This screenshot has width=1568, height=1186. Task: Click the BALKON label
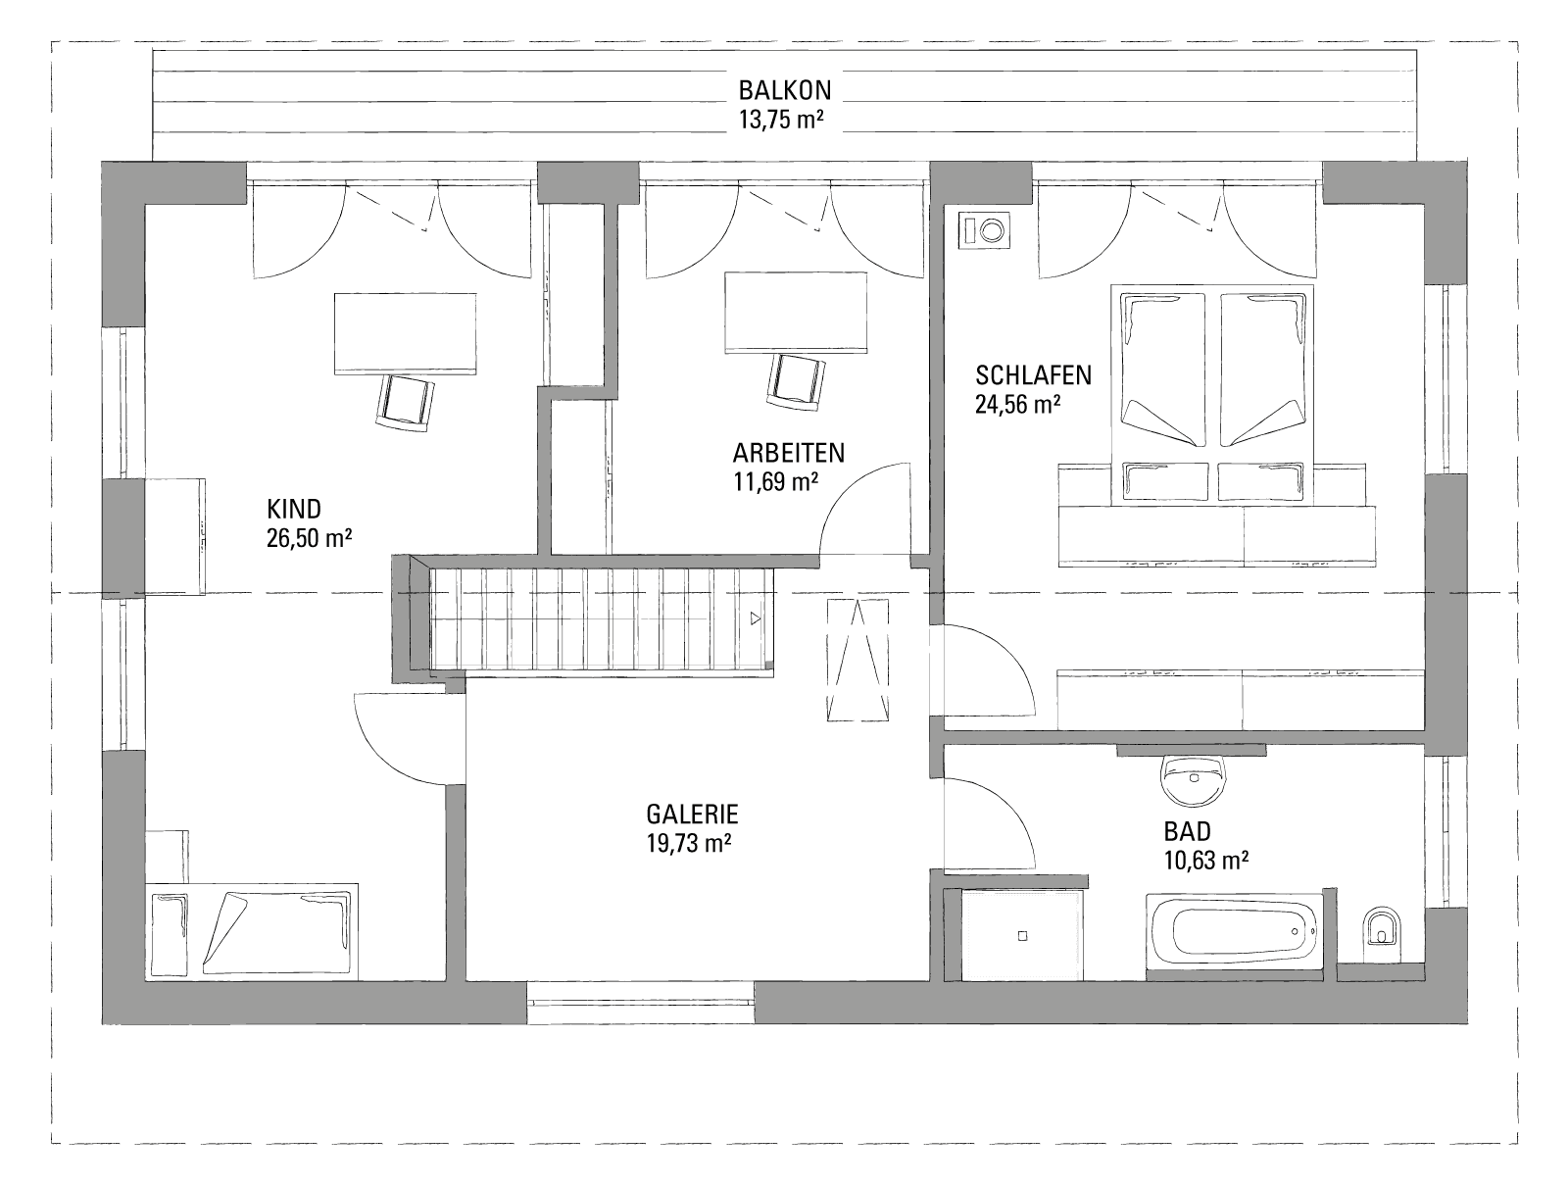(x=784, y=91)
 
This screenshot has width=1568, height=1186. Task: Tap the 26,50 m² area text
(x=309, y=538)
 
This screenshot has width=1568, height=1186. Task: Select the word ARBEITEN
(x=788, y=453)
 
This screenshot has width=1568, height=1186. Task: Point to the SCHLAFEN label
(x=1033, y=375)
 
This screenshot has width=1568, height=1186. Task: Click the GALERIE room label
(x=692, y=814)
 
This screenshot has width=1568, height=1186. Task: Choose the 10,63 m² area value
(x=1205, y=861)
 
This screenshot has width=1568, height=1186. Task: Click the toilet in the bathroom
(x=1382, y=937)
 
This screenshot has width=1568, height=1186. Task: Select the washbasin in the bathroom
(x=1193, y=780)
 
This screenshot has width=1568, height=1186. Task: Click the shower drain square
(x=1022, y=936)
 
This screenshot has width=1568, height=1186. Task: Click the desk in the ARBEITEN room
(x=796, y=313)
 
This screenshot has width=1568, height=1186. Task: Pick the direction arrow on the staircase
(x=755, y=618)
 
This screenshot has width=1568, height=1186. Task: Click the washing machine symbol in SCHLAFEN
(x=985, y=230)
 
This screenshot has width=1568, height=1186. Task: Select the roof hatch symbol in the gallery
(x=857, y=661)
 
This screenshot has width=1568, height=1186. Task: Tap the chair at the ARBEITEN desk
(x=796, y=382)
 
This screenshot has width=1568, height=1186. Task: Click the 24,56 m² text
(x=1017, y=405)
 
